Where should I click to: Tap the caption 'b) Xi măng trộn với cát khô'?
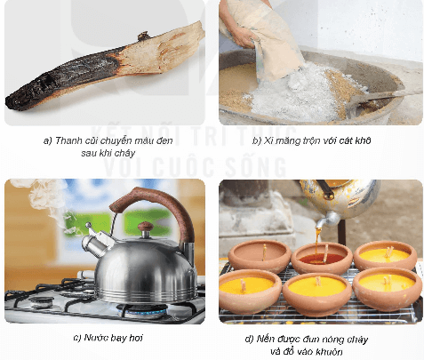(x=320, y=140)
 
